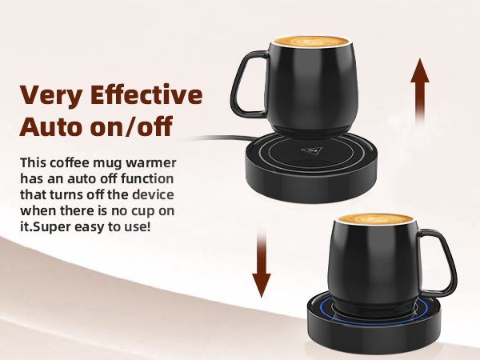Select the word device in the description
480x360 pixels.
[x=152, y=196]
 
